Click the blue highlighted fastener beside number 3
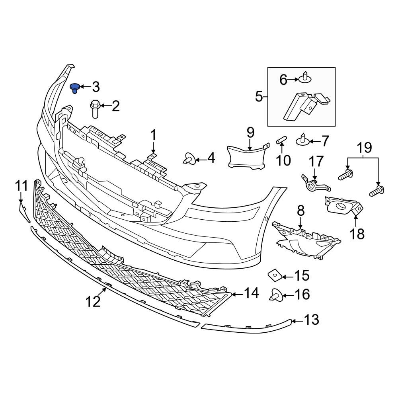click(x=74, y=88)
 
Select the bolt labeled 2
click(x=95, y=109)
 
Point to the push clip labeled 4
click(x=189, y=159)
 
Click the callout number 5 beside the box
click(x=259, y=96)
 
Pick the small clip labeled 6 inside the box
click(x=305, y=78)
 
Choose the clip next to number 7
click(x=303, y=140)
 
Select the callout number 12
click(x=93, y=302)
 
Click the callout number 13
click(x=312, y=320)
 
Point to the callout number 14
click(x=251, y=293)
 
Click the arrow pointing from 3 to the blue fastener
click(x=85, y=86)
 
